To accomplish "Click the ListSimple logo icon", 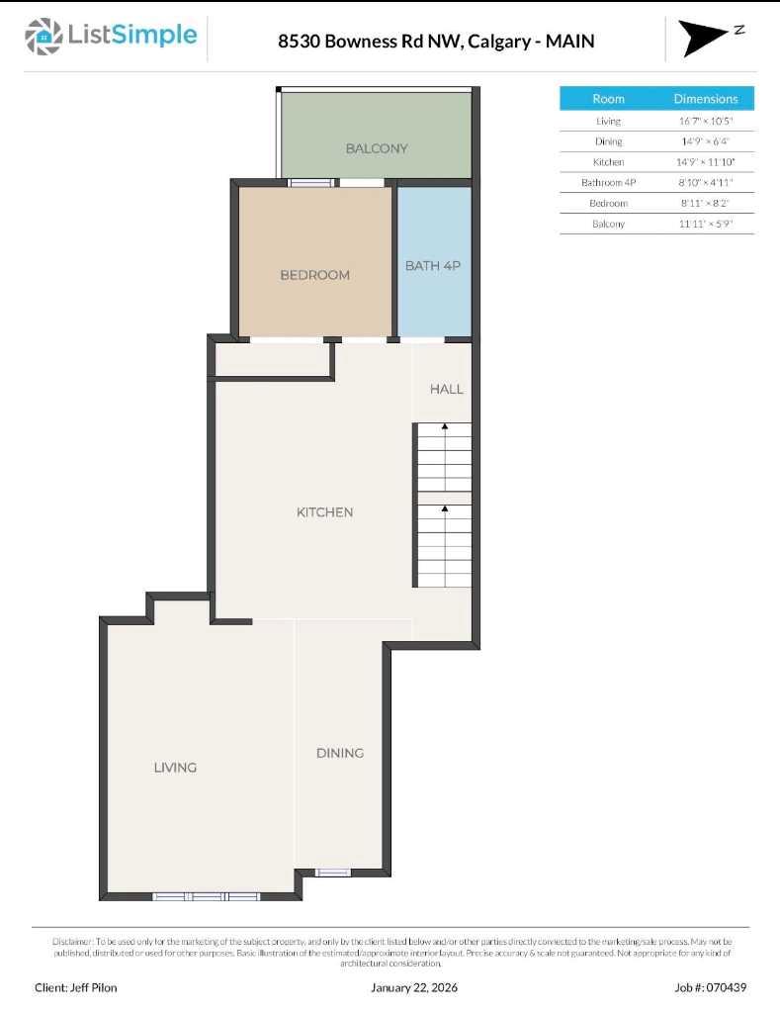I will (43, 37).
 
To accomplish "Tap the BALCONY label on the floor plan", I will (376, 148).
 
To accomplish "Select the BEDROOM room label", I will (314, 275).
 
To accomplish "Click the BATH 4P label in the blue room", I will (433, 266).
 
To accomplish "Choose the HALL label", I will (446, 389).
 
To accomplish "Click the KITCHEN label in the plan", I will (324, 512).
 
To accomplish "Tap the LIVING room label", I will (175, 767).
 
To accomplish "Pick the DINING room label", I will (339, 753).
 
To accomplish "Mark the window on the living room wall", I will (206, 896).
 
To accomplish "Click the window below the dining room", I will (332, 873).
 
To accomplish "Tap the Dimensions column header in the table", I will (705, 99).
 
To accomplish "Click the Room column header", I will (608, 99).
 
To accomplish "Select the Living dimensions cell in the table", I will (705, 121).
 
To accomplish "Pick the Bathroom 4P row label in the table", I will (608, 182).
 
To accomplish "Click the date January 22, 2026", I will (414, 987).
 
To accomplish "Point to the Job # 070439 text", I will (710, 987).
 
